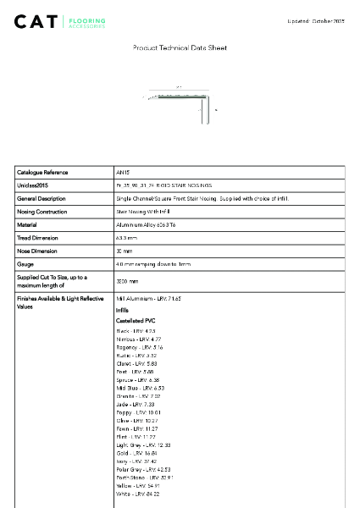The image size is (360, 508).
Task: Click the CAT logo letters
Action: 37,21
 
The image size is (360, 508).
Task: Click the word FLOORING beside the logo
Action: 86,18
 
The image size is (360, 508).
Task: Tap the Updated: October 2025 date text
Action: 317,19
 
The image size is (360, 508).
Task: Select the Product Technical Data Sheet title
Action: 180,48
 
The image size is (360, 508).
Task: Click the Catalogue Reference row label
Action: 42,172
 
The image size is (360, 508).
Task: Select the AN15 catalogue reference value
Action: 122,172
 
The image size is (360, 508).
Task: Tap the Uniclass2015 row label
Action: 33,185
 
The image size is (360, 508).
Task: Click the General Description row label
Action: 42,198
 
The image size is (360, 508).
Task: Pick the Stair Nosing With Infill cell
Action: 144,212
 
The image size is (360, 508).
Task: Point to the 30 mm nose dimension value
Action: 125,251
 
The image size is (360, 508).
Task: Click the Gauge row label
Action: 26,264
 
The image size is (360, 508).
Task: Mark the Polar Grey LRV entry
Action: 143,469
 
